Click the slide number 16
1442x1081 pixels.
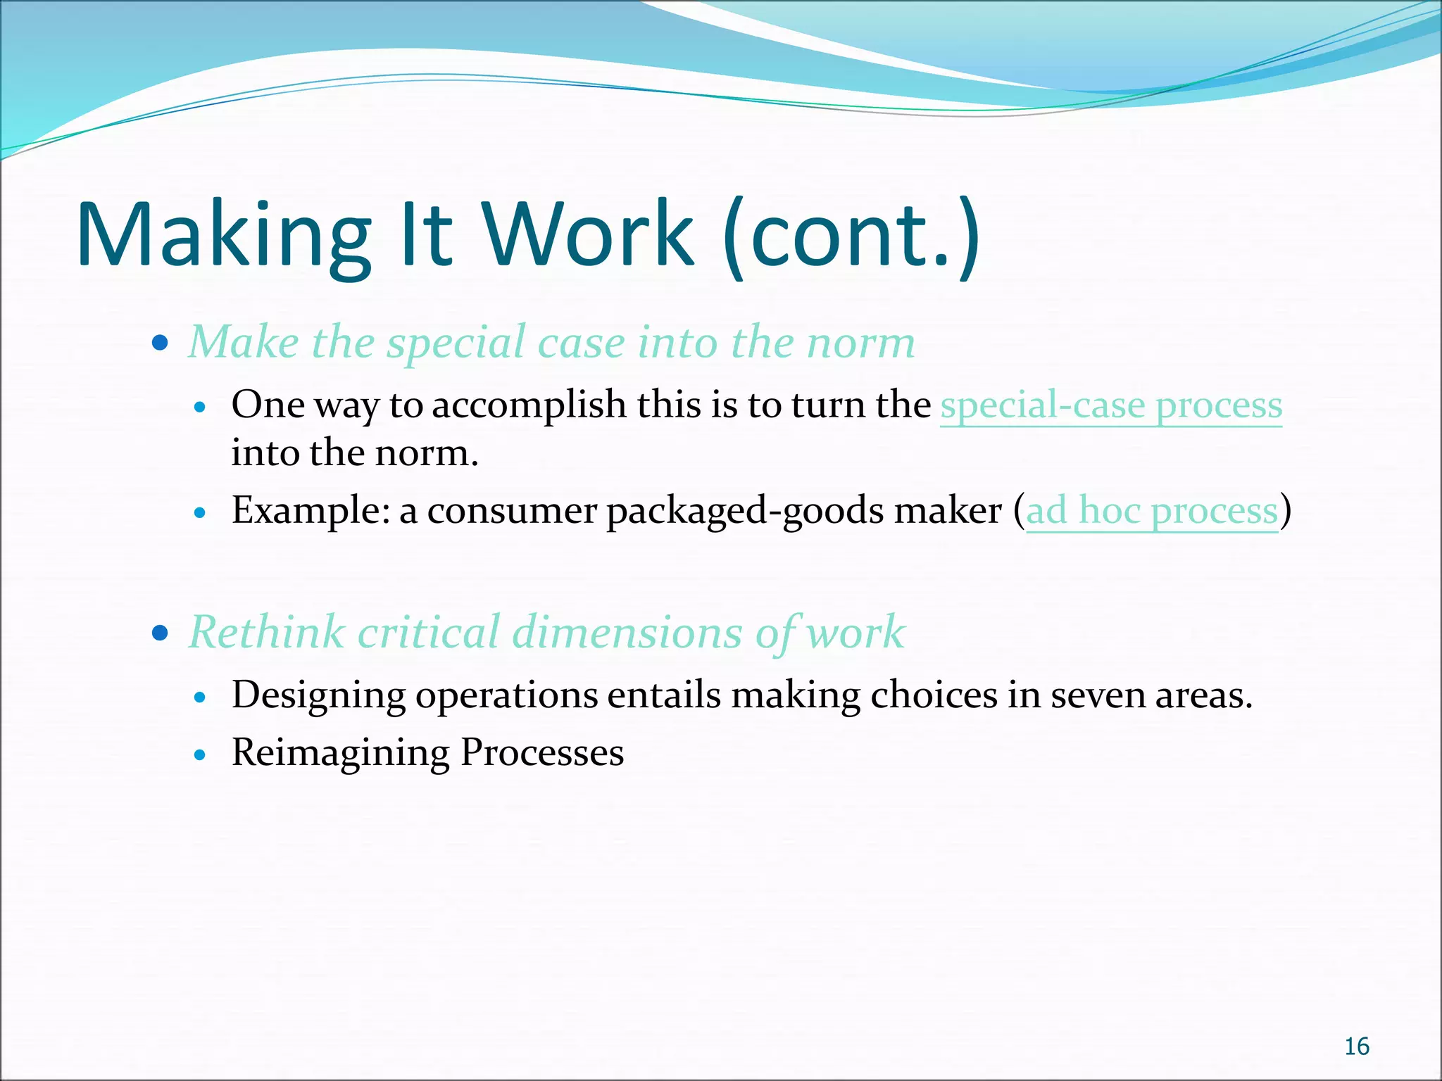pyautogui.click(x=1356, y=1047)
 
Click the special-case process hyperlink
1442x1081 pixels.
pyautogui.click(x=1111, y=406)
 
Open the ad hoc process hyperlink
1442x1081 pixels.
pyautogui.click(x=1151, y=511)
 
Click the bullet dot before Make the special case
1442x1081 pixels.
pyautogui.click(x=161, y=343)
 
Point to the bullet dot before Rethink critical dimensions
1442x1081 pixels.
pyautogui.click(x=161, y=633)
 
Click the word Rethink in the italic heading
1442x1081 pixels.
pyautogui.click(x=267, y=632)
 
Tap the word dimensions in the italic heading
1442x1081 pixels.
pyautogui.click(x=627, y=632)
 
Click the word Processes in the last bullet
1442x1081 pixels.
pyautogui.click(x=542, y=752)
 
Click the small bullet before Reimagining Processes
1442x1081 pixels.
pyautogui.click(x=201, y=755)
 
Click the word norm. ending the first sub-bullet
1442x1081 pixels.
pyautogui.click(x=427, y=453)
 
